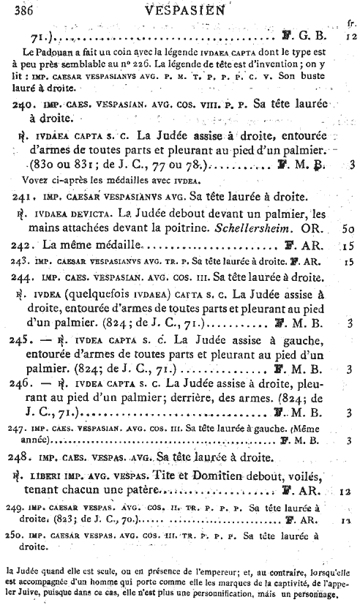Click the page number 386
[26, 10]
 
